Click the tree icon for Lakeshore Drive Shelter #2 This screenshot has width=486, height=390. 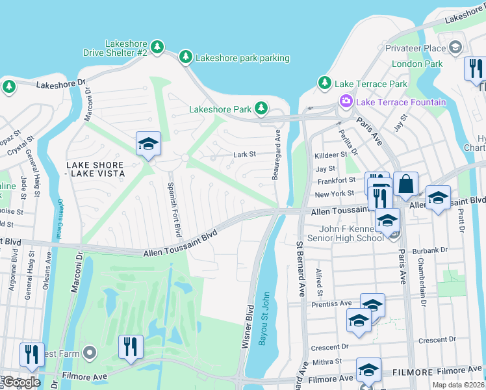click(x=157, y=47)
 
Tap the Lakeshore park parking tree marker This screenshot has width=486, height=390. click(x=186, y=58)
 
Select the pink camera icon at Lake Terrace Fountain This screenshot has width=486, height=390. click(x=346, y=102)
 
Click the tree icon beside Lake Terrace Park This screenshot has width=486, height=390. click(x=324, y=83)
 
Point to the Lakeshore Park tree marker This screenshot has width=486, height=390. click(x=261, y=108)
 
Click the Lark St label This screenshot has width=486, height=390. click(x=245, y=155)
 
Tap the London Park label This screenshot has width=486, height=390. click(x=416, y=64)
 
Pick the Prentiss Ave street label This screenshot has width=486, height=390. click(x=331, y=304)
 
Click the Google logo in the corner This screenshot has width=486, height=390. click(x=21, y=382)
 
